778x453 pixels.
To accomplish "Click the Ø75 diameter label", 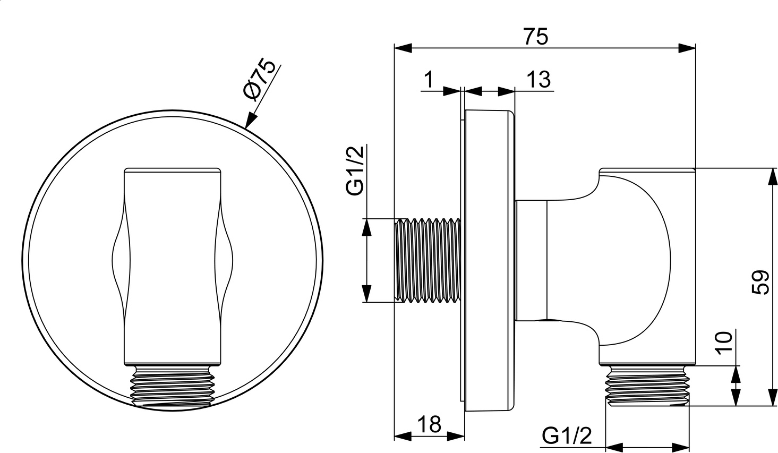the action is tap(260, 80).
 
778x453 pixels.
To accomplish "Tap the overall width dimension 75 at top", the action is tap(536, 36).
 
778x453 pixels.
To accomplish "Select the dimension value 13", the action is tap(538, 80).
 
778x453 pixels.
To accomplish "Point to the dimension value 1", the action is tap(429, 80).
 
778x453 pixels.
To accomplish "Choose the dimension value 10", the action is tap(724, 343).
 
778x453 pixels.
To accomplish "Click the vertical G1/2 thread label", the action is tap(355, 170).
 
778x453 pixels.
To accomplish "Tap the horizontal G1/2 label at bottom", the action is tap(567, 435).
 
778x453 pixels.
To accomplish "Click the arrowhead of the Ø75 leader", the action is tap(250, 120).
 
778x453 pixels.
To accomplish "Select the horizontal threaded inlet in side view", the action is tap(428, 261).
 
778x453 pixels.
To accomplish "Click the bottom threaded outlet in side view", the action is tap(647, 386).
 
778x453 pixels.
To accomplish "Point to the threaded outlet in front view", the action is tap(173, 386).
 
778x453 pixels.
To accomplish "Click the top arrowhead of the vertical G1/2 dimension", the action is tap(367, 227).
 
